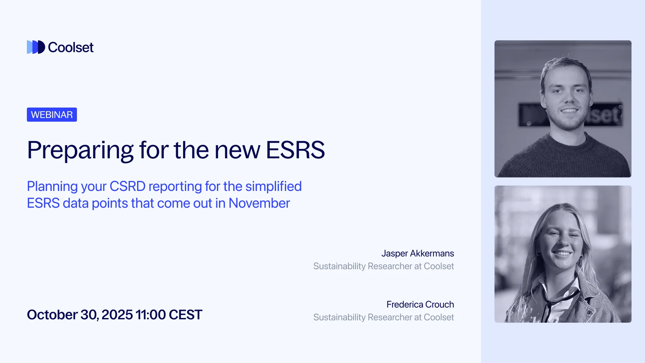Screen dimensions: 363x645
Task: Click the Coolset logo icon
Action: point(36,47)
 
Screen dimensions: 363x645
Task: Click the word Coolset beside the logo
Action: point(71,47)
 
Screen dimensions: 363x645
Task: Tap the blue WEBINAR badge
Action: point(52,115)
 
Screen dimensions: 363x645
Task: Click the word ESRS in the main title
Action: point(295,150)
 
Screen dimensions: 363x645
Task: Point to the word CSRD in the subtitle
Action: point(127,186)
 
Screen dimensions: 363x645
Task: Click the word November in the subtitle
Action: point(259,203)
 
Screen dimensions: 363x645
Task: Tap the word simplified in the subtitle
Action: point(273,186)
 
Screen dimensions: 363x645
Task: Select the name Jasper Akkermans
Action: point(418,253)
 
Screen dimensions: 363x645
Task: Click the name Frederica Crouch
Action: point(420,304)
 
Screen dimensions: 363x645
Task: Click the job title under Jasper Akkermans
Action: point(384,266)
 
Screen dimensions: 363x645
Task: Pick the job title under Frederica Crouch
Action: point(384,317)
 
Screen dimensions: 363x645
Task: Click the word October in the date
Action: point(52,315)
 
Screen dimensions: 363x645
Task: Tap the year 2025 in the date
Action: point(117,315)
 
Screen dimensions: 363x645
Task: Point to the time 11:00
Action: point(150,315)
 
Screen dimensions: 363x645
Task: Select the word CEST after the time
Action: point(185,315)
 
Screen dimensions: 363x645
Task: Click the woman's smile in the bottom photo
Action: point(562,253)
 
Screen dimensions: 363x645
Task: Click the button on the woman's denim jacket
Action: point(589,312)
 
